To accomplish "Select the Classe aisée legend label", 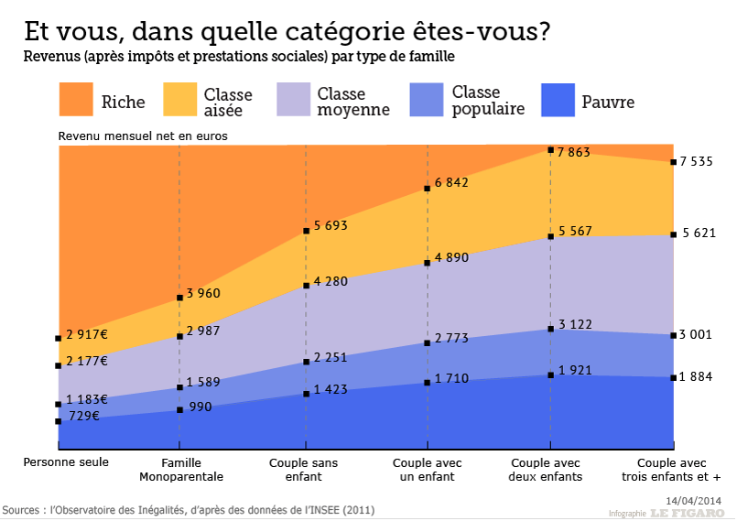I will [228, 102].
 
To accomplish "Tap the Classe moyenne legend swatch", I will [293, 100].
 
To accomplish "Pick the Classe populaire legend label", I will [488, 101].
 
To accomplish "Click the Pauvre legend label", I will [608, 103].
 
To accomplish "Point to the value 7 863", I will [575, 153].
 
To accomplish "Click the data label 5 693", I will [331, 225].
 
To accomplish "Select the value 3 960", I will [203, 294].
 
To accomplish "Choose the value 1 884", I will [696, 377].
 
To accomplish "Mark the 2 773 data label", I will [451, 339].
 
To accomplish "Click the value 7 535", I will [696, 162].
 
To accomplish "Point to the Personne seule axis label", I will [66, 462].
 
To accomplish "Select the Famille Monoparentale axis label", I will [180, 470].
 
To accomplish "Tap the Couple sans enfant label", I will [303, 470].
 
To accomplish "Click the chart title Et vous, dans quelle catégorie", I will [287, 31].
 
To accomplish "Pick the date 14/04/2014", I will [695, 500].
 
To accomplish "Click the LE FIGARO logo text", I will [688, 513].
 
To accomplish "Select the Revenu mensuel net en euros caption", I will [143, 136].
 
